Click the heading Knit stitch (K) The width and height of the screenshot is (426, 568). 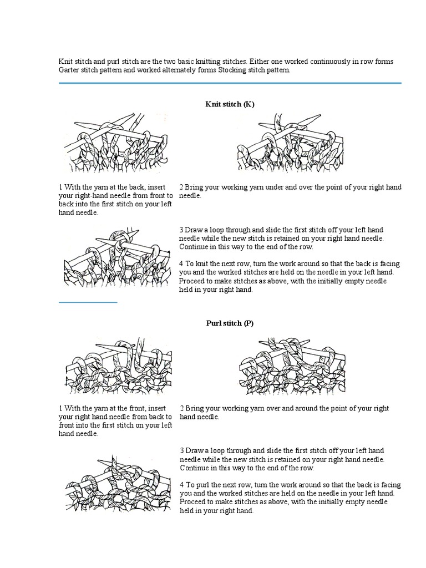[230, 104]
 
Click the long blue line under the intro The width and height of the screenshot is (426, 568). [230, 83]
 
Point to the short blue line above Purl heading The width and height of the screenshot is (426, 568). [88, 302]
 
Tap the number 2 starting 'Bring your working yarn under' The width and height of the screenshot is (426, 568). [181, 187]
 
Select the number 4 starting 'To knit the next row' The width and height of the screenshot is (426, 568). [181, 264]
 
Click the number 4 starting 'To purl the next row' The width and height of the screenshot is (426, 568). [181, 485]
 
